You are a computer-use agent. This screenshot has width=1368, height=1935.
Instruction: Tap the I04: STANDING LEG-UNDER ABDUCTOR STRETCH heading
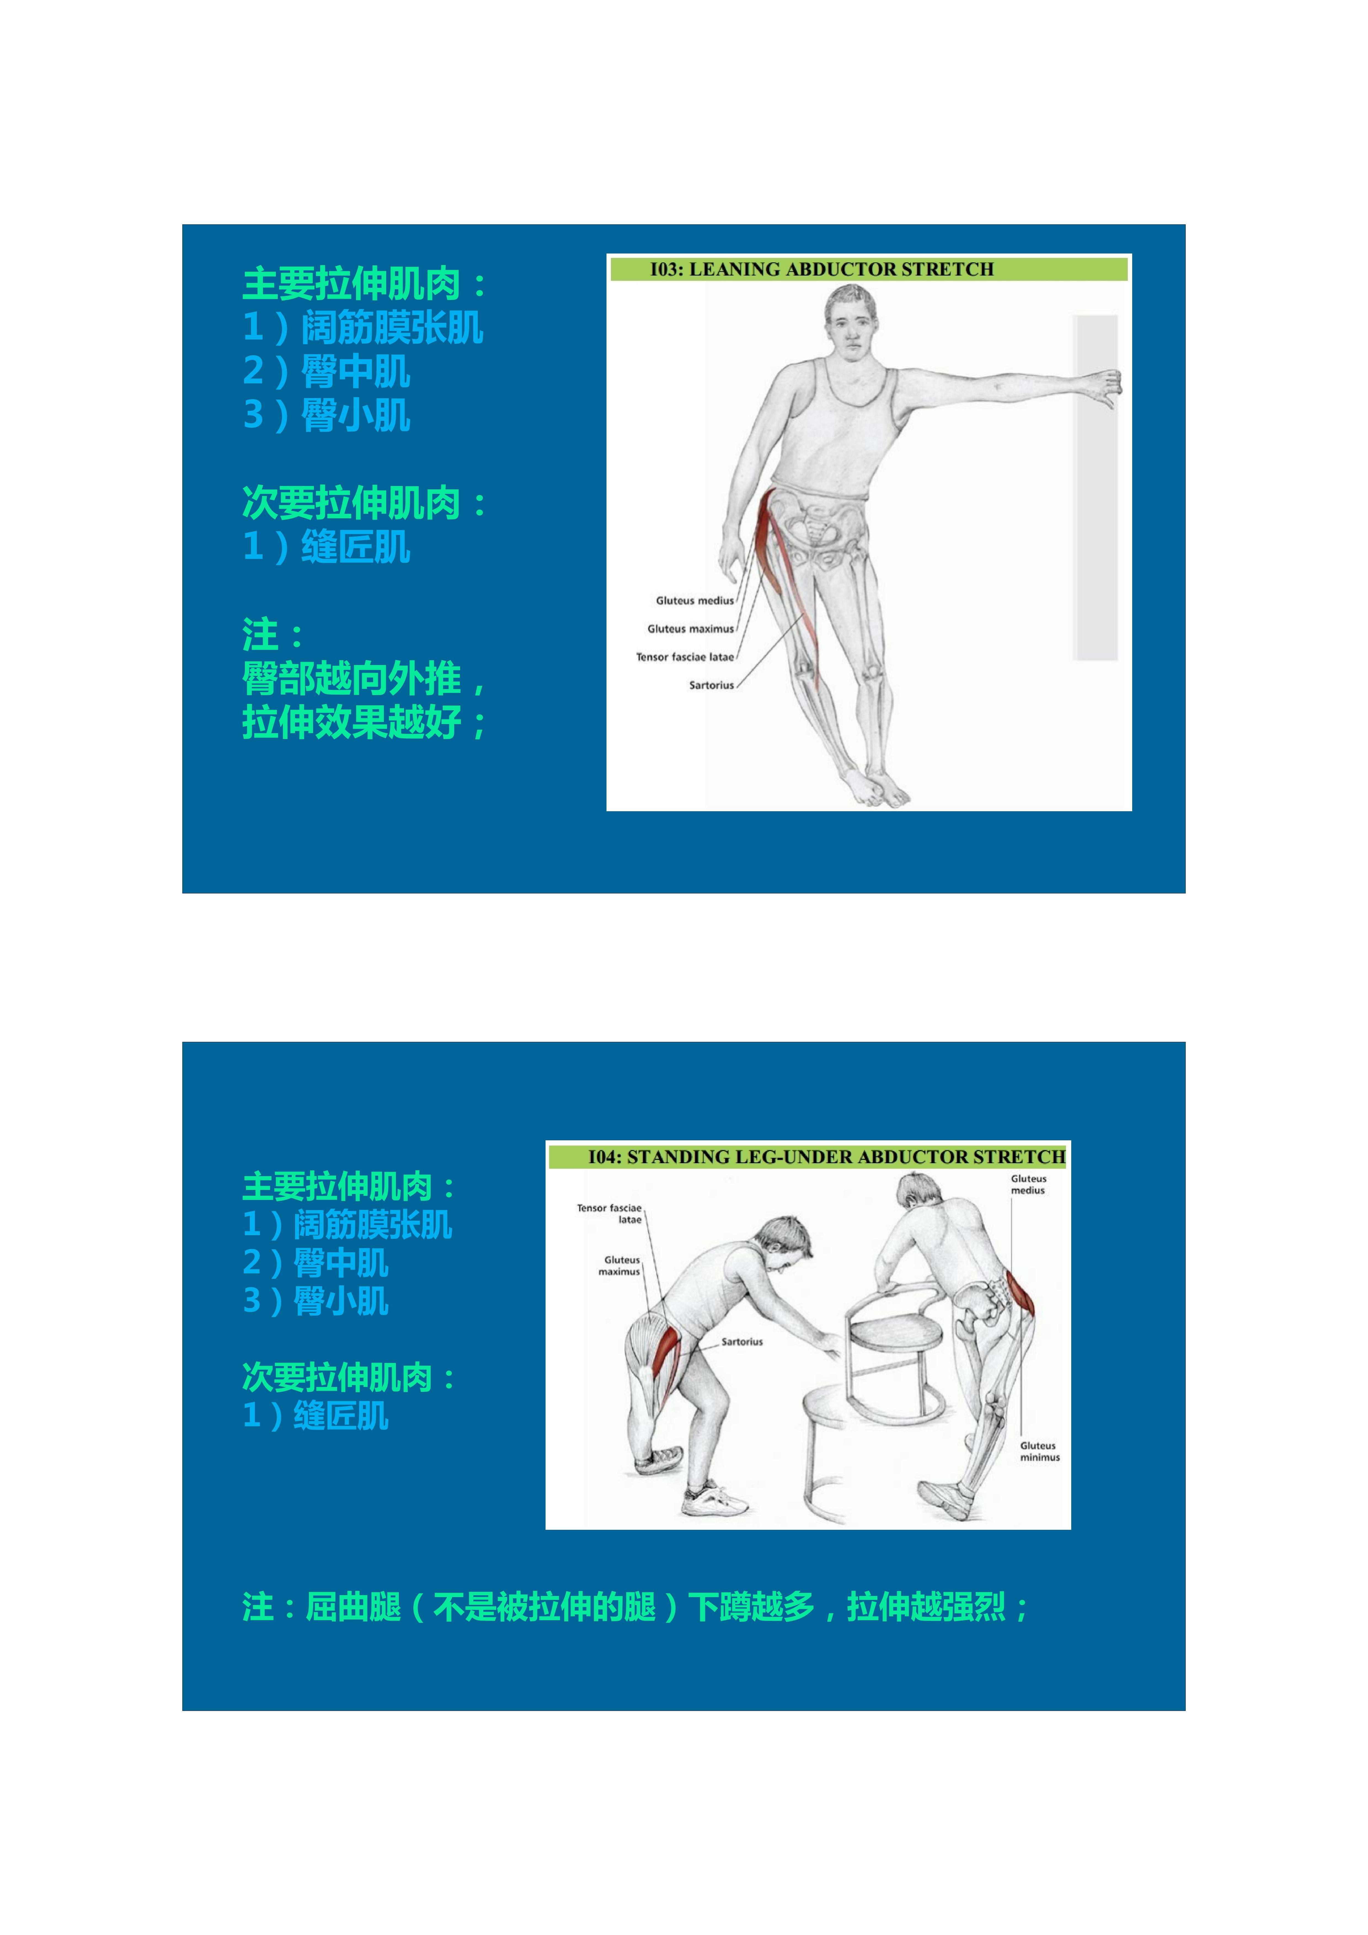pos(826,1156)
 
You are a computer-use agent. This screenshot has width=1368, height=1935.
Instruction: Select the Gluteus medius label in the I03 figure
pos(694,601)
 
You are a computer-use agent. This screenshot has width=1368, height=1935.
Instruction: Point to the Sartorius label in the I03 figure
pos(711,685)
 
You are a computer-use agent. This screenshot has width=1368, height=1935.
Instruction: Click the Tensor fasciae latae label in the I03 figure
pos(685,657)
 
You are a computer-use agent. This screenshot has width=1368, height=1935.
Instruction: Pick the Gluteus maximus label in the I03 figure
pos(690,629)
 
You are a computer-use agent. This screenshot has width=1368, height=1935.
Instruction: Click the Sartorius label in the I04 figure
pos(742,1342)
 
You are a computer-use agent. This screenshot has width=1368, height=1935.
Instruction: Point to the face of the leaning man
pos(851,324)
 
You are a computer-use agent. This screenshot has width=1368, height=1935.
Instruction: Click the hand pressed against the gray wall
pos(1106,388)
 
